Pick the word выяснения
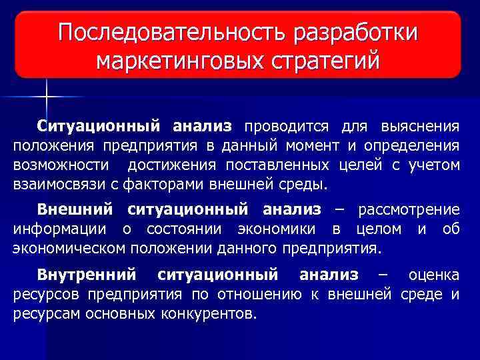[420, 127]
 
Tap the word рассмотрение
[409, 210]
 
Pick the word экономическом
[71, 249]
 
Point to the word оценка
[434, 275]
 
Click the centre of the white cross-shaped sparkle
[47, 99]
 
